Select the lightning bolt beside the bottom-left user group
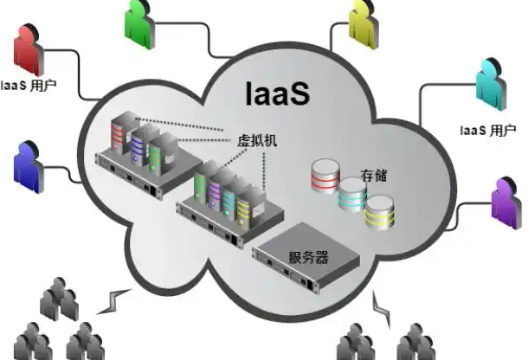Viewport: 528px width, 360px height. (112, 300)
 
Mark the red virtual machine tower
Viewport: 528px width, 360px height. (119, 138)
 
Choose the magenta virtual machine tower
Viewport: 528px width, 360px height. (229, 197)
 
